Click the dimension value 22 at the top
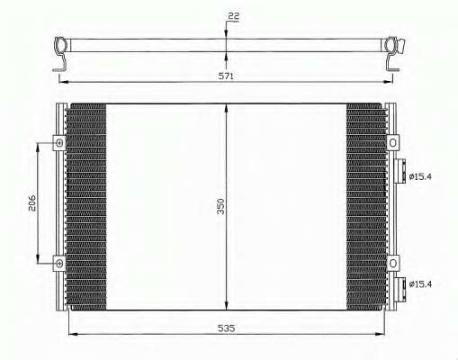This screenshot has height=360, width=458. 233,16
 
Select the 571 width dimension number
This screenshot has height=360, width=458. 226,76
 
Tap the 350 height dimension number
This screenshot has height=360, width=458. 220,206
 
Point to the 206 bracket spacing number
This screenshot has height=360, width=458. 32,203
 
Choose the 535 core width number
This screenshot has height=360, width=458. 226,328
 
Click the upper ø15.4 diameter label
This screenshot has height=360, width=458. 420,176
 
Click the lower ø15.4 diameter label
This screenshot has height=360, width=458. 420,283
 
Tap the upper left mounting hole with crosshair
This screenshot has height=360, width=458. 59,143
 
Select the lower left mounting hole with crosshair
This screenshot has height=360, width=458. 59,264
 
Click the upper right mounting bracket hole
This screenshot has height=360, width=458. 392,143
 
